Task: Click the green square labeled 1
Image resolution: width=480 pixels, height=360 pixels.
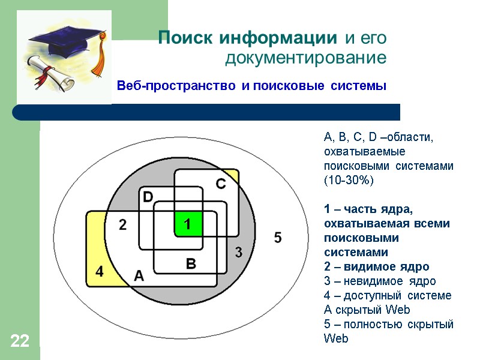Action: tap(188, 224)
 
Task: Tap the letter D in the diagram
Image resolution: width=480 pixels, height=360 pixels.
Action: tap(148, 197)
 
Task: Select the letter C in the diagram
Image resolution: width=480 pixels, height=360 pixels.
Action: tap(221, 184)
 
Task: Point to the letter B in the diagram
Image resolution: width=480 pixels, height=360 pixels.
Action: tap(191, 263)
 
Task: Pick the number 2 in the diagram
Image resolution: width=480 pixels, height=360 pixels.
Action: tap(123, 225)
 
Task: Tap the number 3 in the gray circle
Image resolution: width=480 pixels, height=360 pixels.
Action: tap(238, 253)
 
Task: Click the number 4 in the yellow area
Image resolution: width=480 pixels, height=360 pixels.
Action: tap(100, 271)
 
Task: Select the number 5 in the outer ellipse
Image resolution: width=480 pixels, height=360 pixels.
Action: tap(277, 238)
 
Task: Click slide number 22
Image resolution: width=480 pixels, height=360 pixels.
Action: tap(19, 342)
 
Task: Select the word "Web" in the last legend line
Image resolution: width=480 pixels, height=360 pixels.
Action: tap(335, 338)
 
